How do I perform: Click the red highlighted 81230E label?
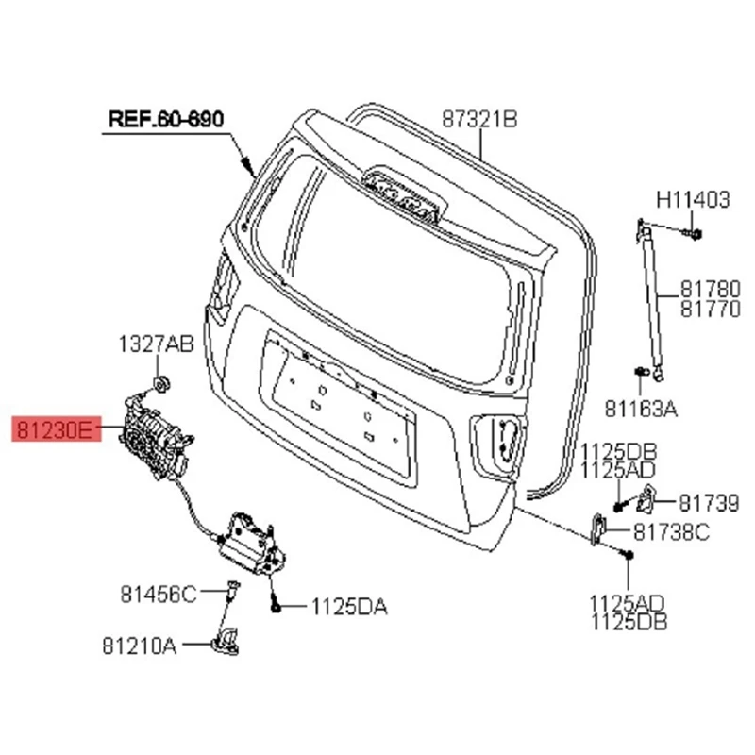point(54,432)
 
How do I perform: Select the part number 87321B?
point(480,119)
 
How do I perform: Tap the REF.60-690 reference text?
point(166,120)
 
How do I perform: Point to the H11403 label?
point(694,200)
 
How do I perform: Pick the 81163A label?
point(642,410)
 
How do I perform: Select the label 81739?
point(709,504)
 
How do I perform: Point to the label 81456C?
point(158,594)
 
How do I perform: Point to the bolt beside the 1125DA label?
point(273,605)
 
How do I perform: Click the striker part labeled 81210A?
point(226,640)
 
